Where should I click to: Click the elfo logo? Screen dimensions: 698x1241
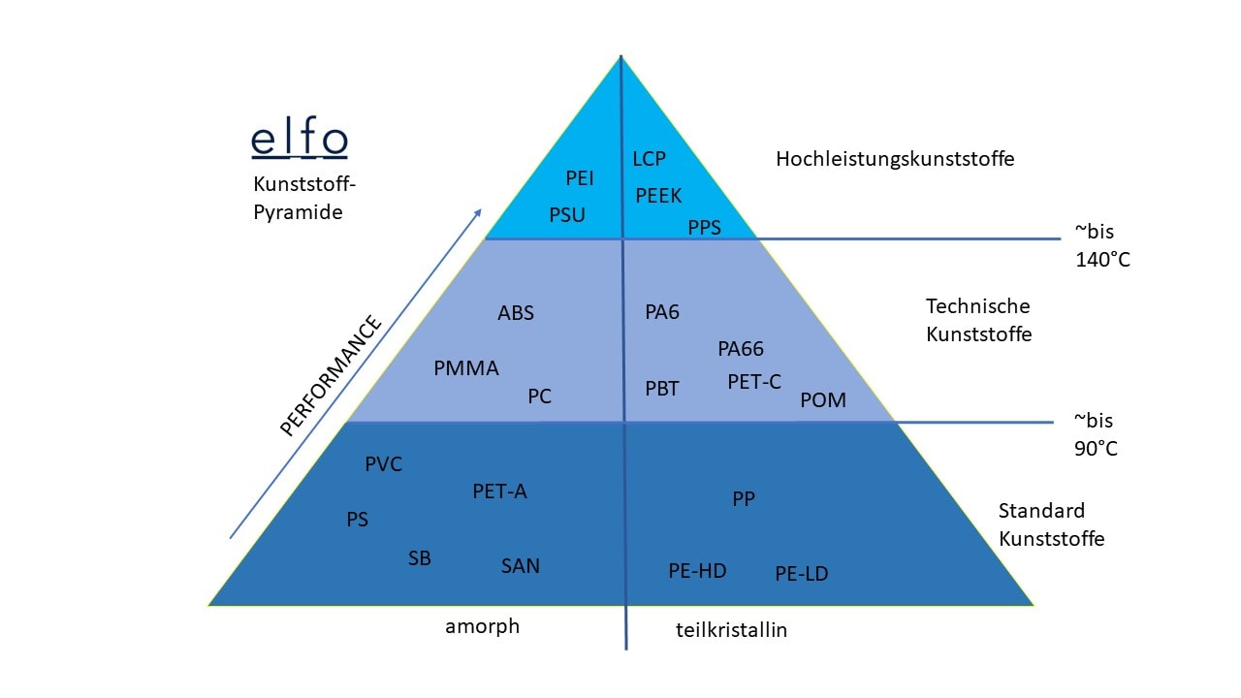coord(299,140)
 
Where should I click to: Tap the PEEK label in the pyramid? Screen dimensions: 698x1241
coord(658,196)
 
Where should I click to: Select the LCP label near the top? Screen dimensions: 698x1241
coord(649,159)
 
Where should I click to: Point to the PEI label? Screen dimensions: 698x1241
coord(580,178)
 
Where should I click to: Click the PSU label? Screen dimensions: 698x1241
coord(567,215)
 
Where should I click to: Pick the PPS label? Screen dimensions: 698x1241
coord(705,229)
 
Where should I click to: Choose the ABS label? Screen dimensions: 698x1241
coord(516,313)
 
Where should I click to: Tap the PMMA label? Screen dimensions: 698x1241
coord(466,368)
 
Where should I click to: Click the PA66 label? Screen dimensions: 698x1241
coord(741,349)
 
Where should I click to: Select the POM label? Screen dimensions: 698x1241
coord(823,400)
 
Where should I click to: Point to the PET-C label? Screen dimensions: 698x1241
coord(754,382)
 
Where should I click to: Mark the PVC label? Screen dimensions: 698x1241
coord(383,464)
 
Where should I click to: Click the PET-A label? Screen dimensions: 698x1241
coord(500,492)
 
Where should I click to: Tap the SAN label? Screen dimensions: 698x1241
coord(521,566)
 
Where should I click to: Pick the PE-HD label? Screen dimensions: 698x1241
coord(697,571)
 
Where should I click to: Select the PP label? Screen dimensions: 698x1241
coord(744,499)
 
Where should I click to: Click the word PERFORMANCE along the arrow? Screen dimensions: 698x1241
coord(331,376)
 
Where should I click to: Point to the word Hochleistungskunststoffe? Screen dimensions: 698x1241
coord(895,159)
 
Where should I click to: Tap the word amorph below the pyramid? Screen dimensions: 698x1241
coord(483,626)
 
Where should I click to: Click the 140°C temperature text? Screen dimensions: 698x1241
coord(1102,260)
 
